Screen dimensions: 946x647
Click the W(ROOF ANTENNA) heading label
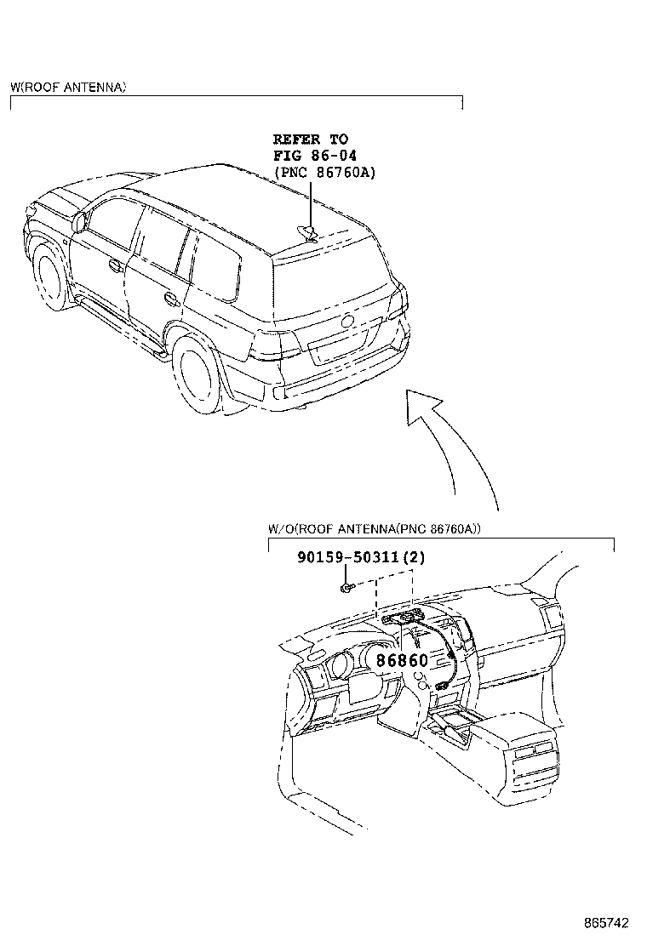coord(68,87)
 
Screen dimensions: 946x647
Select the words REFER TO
coord(310,139)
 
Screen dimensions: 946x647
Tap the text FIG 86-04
coord(314,155)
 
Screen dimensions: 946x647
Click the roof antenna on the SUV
coord(311,234)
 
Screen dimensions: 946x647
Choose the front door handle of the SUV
coord(114,265)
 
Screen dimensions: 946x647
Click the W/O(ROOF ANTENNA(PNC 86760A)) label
coord(374,528)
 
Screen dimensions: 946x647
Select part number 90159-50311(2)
coord(360,558)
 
